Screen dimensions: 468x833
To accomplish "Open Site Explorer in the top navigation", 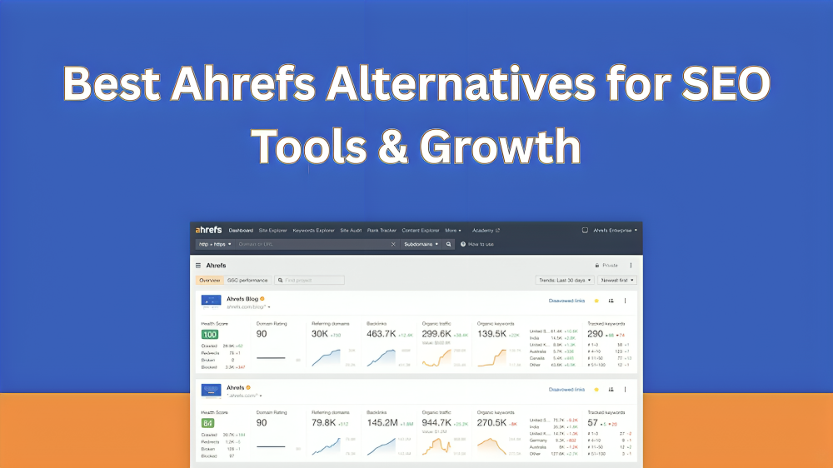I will click(x=272, y=231).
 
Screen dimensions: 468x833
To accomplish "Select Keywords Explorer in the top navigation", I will click(x=313, y=231).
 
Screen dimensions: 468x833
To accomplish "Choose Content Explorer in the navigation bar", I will click(x=420, y=231).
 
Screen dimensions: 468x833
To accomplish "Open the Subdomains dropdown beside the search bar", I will click(x=421, y=244).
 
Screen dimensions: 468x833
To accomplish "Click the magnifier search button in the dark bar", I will click(x=448, y=244).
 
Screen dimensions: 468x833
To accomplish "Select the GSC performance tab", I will click(x=247, y=281).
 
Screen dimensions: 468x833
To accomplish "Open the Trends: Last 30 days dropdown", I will click(x=562, y=281).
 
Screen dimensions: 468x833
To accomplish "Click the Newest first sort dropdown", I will click(x=617, y=281).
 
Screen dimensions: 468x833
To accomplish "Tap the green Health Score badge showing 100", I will click(x=209, y=334).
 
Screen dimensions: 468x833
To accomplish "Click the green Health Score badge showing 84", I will click(x=208, y=423).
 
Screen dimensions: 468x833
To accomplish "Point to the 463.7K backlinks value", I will click(x=381, y=334).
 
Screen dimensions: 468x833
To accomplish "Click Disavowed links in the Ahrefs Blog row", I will click(x=566, y=301).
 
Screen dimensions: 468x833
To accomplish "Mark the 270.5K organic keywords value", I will click(x=491, y=423).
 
